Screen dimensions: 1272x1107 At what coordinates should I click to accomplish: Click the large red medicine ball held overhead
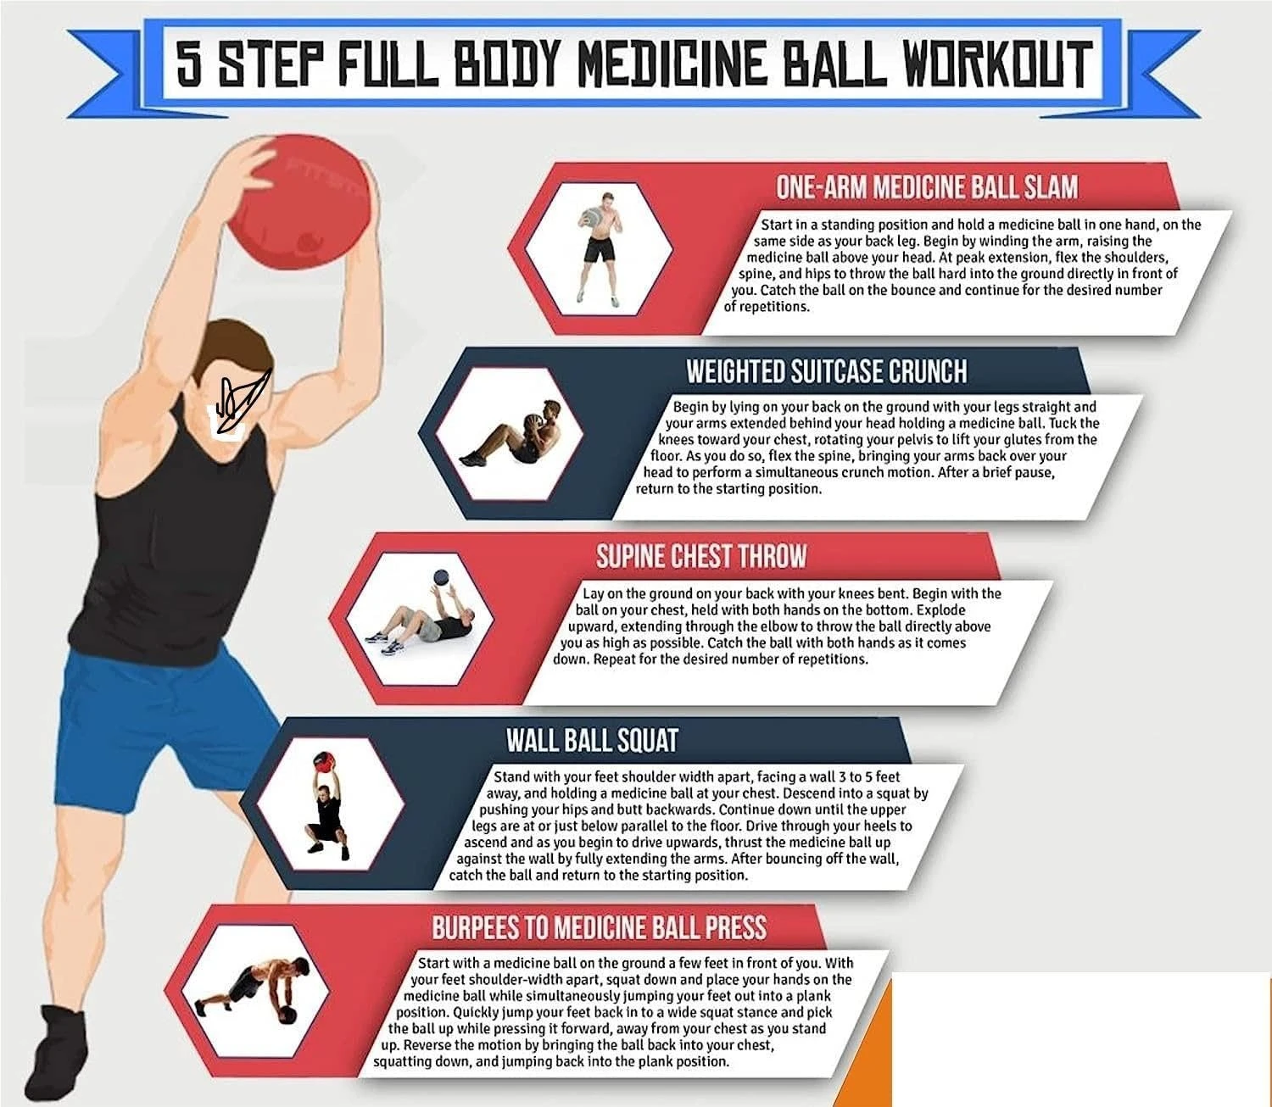click(x=300, y=202)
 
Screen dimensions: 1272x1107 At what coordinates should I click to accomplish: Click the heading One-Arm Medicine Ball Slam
click(x=926, y=187)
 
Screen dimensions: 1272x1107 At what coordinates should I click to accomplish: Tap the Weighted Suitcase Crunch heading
click(x=826, y=371)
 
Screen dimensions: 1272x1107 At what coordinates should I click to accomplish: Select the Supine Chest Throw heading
click(x=700, y=556)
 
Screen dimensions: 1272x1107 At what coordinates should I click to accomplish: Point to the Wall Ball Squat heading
click(x=591, y=740)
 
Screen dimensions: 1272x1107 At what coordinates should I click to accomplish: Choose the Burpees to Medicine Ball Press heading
click(x=599, y=927)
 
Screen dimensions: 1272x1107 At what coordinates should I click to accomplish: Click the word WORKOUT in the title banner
click(x=998, y=63)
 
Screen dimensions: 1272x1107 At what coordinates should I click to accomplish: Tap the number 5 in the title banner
click(x=189, y=63)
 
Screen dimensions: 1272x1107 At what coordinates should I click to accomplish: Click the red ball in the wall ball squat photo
click(x=322, y=760)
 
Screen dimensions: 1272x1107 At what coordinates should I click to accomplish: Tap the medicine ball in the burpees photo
click(x=287, y=1015)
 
